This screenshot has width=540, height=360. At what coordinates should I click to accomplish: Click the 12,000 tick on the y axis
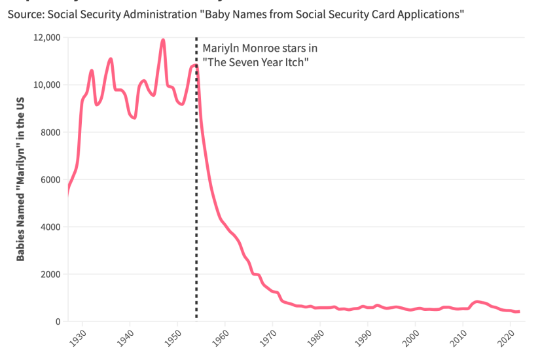click(x=46, y=37)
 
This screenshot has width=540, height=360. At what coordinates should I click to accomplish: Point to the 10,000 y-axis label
click(x=46, y=85)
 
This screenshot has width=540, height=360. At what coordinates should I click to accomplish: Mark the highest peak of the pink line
click(x=162, y=41)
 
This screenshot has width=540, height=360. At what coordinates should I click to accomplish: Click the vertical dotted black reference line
click(x=196, y=196)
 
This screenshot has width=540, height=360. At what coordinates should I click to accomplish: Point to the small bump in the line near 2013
click(x=478, y=302)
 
